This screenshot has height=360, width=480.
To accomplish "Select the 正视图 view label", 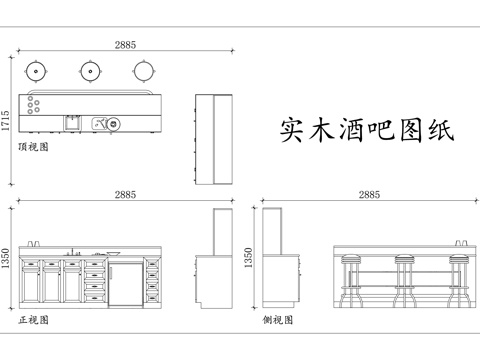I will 34,320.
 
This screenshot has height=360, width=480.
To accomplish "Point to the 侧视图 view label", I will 278,320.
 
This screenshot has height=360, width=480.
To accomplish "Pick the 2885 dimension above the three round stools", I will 126,45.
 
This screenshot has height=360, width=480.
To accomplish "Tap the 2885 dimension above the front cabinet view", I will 126,194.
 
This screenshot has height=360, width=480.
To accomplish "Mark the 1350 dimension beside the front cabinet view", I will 7,259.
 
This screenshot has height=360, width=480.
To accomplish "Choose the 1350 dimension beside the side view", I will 250,259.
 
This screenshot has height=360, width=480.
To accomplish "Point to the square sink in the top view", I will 72,123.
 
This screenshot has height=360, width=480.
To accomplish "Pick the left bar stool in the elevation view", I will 350,279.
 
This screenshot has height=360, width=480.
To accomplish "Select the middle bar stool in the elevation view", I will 404,279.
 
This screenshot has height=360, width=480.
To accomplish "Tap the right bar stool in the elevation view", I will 458,279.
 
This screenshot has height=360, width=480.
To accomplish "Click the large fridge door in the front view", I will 125,281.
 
